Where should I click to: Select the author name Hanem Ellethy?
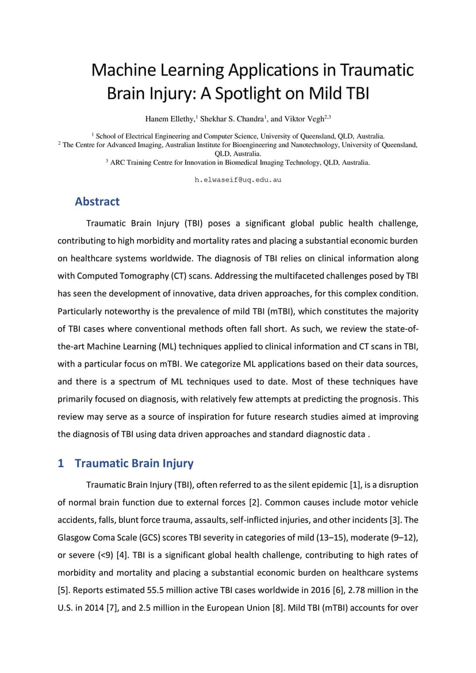point(170,119)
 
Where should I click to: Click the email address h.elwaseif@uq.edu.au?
point(238,180)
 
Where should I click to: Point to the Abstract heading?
point(97,202)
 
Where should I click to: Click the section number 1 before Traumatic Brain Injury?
point(60,463)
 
